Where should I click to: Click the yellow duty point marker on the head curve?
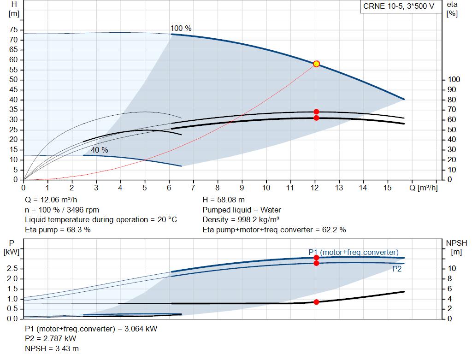click(316, 64)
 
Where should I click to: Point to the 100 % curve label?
click(181, 28)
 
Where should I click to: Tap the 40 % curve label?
click(99, 150)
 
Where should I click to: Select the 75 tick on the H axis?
click(13, 30)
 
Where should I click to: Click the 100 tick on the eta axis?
click(454, 80)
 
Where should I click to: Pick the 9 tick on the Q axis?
click(242, 188)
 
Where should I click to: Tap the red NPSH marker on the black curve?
click(316, 302)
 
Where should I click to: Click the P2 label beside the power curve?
click(397, 269)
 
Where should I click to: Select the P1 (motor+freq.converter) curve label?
click(353, 252)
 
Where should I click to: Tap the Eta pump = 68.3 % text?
click(58, 230)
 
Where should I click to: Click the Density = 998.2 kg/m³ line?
click(241, 220)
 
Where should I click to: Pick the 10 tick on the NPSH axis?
click(452, 268)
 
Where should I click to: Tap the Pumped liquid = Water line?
click(242, 210)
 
